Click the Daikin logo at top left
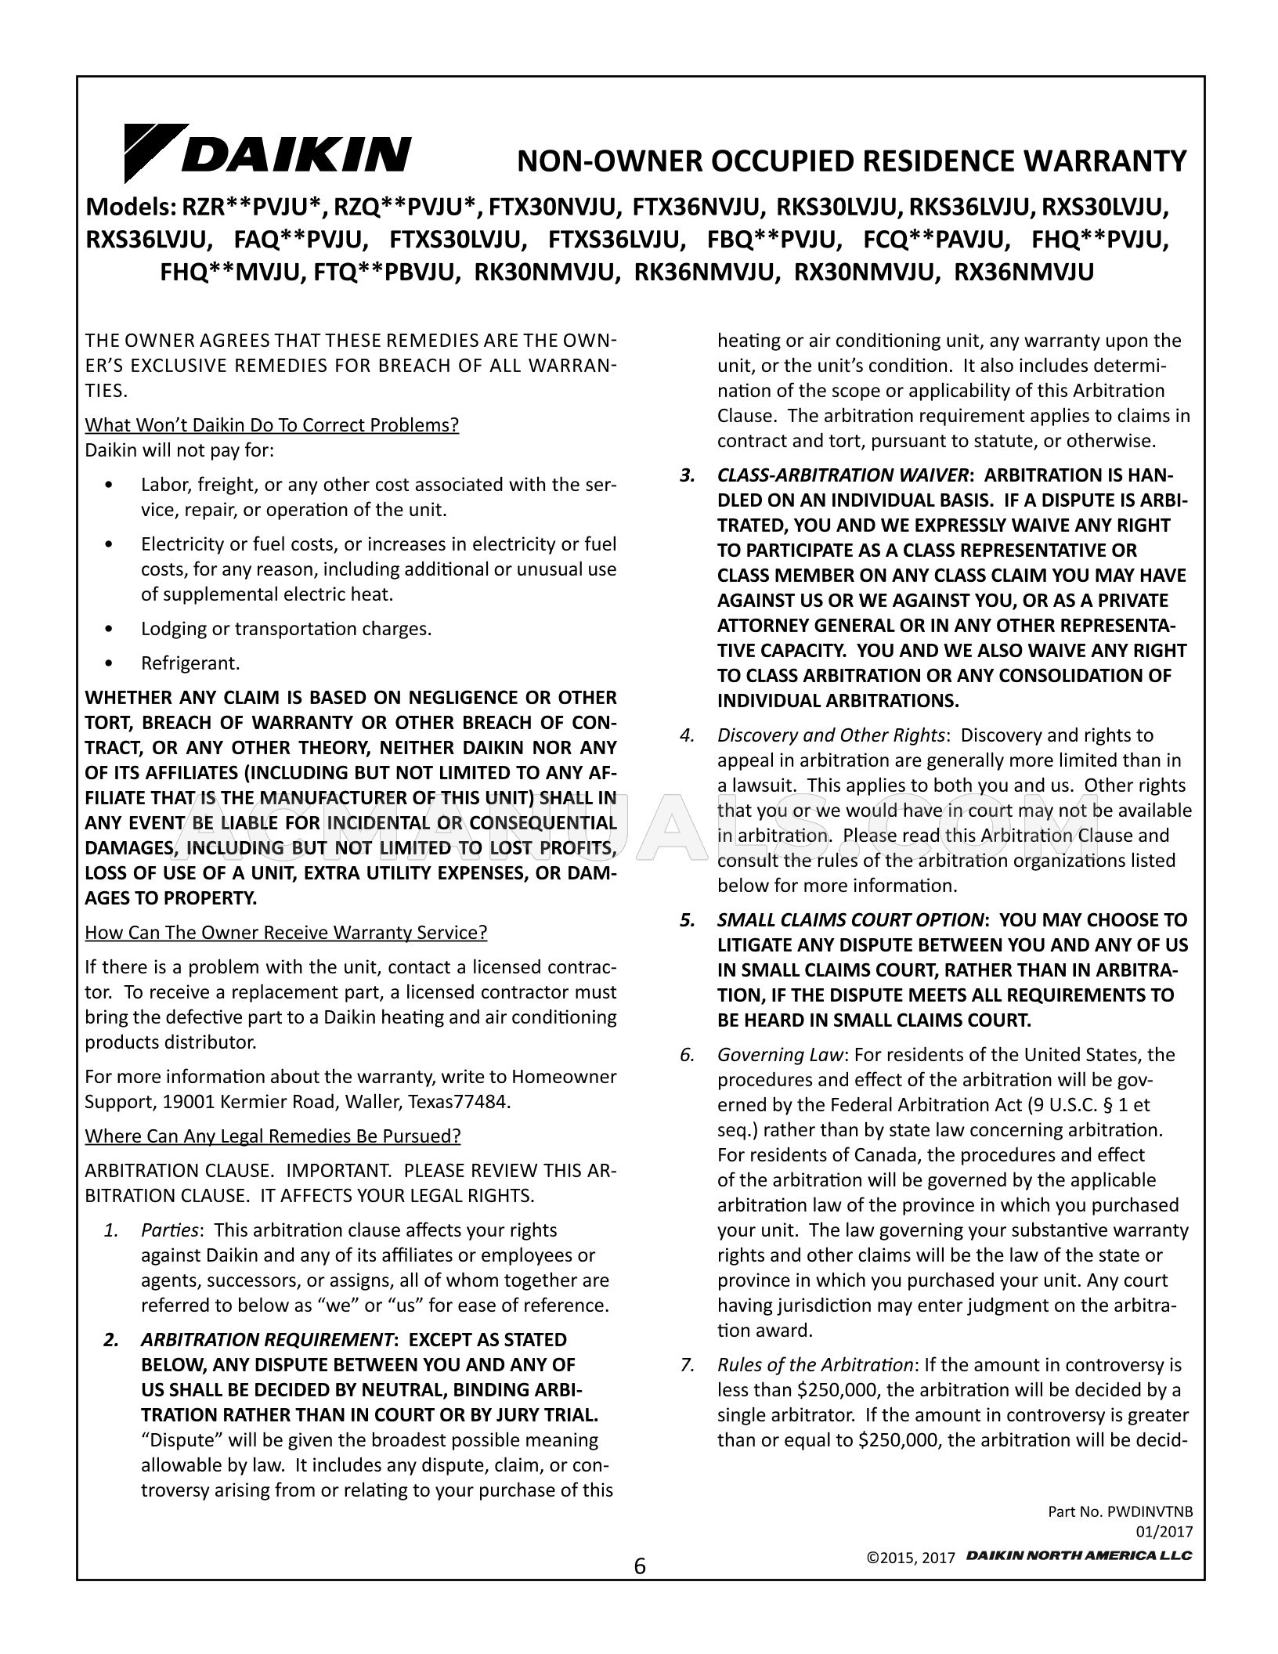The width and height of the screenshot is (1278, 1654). click(x=266, y=152)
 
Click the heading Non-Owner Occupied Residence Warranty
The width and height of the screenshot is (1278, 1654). click(x=852, y=161)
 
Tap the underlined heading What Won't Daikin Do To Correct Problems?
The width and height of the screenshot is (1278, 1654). click(x=272, y=425)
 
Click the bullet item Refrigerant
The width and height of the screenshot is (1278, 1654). click(x=190, y=663)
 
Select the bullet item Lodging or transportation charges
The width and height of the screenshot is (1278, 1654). click(x=286, y=629)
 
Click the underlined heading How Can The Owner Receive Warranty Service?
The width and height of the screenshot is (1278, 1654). click(x=286, y=933)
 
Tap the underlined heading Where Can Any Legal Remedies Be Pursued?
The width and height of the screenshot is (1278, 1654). click(x=273, y=1136)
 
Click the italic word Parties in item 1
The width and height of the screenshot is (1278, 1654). click(x=169, y=1230)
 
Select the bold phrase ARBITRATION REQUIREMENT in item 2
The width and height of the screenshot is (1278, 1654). click(x=266, y=1340)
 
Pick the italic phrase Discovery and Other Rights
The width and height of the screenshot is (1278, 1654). click(x=830, y=735)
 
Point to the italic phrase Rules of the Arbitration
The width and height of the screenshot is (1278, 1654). click(x=815, y=1365)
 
